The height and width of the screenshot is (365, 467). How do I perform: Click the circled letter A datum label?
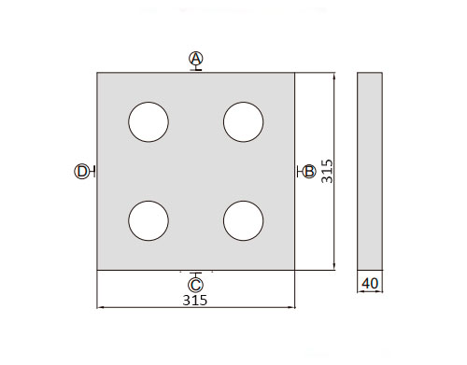coord(196,59)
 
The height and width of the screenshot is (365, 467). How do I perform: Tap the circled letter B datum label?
coord(309,172)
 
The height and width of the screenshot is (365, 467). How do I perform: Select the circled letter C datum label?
coord(195,285)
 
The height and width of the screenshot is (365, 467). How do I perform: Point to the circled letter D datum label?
coord(81,172)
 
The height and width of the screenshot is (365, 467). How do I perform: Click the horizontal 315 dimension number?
coord(195,301)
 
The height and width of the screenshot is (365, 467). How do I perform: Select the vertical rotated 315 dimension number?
coord(327,172)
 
